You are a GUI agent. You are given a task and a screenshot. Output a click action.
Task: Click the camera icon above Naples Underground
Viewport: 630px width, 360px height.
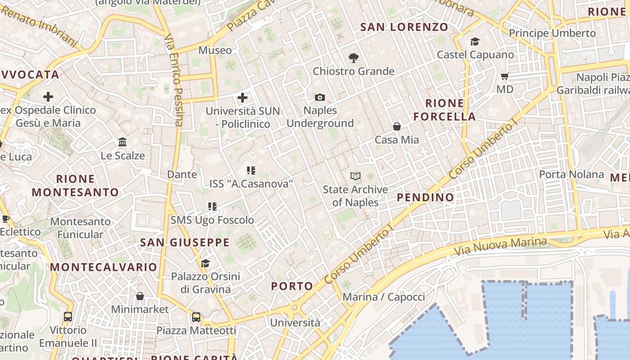click(x=320, y=97)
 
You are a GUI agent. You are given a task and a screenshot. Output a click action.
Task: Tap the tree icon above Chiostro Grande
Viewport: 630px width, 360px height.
click(x=354, y=58)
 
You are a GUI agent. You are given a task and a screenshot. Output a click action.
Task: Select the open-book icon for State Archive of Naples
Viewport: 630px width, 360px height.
click(x=355, y=176)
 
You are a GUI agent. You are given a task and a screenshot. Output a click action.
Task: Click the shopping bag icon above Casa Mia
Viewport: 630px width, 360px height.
click(x=397, y=126)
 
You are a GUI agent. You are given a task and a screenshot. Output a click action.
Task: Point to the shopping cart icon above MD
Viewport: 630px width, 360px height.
click(x=505, y=76)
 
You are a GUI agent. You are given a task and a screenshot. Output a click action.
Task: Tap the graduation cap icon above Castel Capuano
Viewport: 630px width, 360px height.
click(x=475, y=42)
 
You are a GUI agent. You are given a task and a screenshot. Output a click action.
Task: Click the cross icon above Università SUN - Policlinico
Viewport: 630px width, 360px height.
click(x=243, y=97)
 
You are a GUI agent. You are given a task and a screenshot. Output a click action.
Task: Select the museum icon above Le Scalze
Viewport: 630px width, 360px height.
click(x=122, y=142)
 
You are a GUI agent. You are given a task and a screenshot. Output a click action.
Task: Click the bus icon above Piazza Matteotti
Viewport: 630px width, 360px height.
click(x=196, y=317)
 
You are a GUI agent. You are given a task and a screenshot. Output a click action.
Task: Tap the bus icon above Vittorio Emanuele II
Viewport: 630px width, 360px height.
click(x=68, y=317)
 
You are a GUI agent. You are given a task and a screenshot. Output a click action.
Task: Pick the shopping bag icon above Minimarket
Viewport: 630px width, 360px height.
click(x=140, y=296)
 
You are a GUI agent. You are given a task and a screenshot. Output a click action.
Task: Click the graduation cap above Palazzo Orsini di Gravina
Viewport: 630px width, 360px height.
click(x=205, y=263)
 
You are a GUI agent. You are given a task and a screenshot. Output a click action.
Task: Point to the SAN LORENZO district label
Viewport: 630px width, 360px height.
click(x=404, y=27)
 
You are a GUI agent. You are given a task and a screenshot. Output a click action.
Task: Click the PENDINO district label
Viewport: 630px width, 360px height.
click(x=425, y=197)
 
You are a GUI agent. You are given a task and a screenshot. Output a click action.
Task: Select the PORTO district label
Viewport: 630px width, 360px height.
click(x=292, y=286)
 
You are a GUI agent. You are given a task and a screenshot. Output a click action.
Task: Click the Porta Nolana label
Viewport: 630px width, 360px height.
click(x=571, y=174)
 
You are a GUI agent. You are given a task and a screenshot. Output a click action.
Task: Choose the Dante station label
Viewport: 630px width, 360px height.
click(x=182, y=174)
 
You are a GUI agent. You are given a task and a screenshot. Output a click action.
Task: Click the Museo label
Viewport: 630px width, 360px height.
click(x=215, y=50)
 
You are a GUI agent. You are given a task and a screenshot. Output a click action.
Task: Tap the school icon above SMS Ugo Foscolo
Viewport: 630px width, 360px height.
click(x=212, y=207)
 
